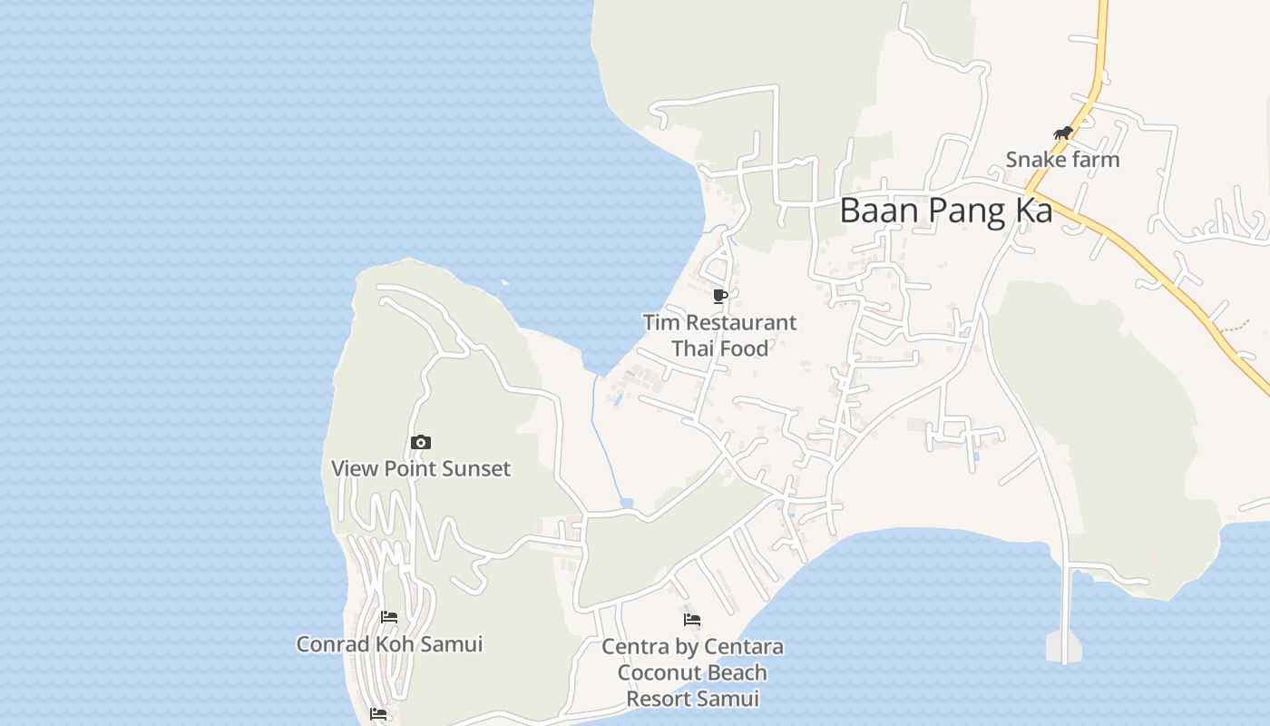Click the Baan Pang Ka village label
945,211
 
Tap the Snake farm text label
1062,160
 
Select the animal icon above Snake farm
1063,133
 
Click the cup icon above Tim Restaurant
720,296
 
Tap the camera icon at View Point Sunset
421,443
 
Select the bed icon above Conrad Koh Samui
390,617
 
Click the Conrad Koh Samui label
389,644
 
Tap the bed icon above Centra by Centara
692,621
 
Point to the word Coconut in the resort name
661,673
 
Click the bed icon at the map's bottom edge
379,714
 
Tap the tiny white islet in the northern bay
505,282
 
